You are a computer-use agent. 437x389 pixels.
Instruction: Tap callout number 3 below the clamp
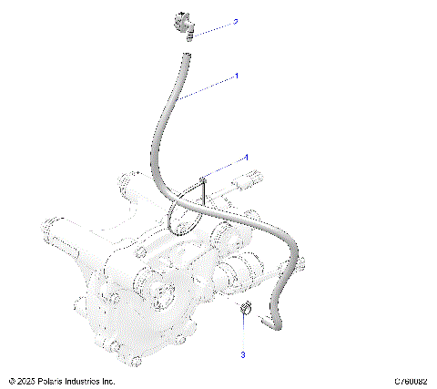click(x=243, y=353)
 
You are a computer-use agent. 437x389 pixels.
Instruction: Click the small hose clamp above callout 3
click(x=245, y=310)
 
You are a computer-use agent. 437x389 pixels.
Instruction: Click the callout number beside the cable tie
click(x=245, y=158)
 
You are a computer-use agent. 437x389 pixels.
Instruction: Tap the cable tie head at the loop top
click(x=205, y=179)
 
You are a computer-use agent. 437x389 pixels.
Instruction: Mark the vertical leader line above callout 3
click(x=244, y=333)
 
